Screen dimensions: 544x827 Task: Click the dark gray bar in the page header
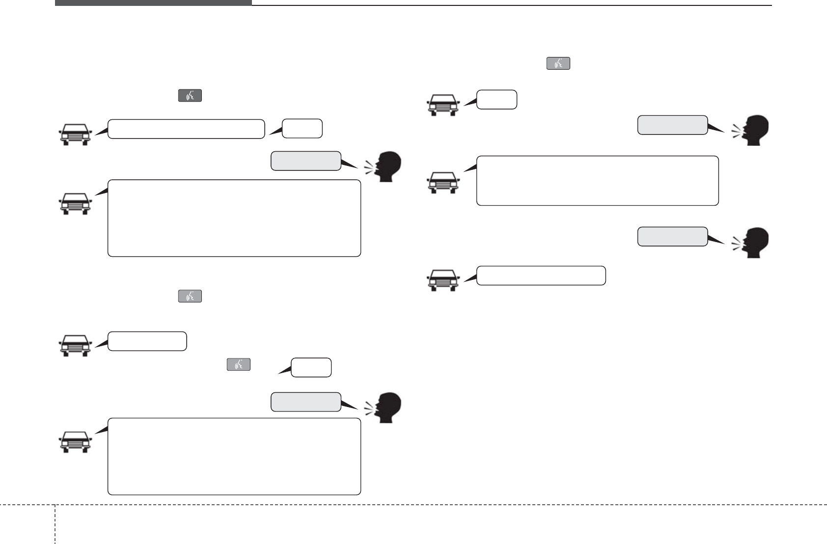pyautogui.click(x=153, y=2)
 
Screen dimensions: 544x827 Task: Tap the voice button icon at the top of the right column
pyautogui.click(x=558, y=63)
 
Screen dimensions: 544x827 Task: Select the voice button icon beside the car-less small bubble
pyautogui.click(x=238, y=364)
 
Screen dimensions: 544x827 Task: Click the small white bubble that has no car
pyautogui.click(x=311, y=368)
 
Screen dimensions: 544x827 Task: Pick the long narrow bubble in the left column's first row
pyautogui.click(x=186, y=129)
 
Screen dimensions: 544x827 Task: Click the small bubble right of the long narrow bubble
pyautogui.click(x=302, y=129)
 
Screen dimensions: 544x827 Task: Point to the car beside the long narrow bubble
pyautogui.click(x=75, y=135)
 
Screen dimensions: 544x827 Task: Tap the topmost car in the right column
pyautogui.click(x=442, y=105)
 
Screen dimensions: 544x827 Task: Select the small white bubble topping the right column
pyautogui.click(x=496, y=100)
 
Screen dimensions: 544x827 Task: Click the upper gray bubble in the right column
pyautogui.click(x=672, y=125)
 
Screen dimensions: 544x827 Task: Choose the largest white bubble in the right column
pyautogui.click(x=597, y=181)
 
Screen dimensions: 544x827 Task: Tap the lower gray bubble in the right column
pyautogui.click(x=672, y=237)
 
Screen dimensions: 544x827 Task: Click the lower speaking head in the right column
pyautogui.click(x=752, y=242)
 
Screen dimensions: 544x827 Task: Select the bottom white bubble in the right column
pyautogui.click(x=541, y=276)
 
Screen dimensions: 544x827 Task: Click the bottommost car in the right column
pyautogui.click(x=442, y=280)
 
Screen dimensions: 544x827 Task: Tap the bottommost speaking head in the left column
pyautogui.click(x=384, y=407)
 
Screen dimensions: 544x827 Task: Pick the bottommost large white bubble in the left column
pyautogui.click(x=234, y=457)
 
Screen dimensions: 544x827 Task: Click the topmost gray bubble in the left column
pyautogui.click(x=305, y=161)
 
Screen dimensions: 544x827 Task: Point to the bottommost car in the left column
pyautogui.click(x=75, y=441)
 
